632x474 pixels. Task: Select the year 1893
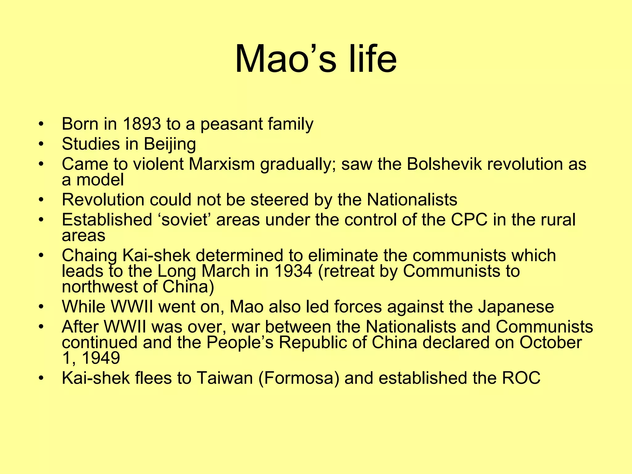[x=142, y=124]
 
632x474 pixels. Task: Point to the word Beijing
[x=170, y=144]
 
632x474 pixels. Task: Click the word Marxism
[x=222, y=164]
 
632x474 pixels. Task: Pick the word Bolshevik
[x=444, y=164]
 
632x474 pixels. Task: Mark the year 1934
[x=293, y=271]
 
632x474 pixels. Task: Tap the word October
[x=551, y=343]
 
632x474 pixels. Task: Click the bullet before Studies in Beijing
[x=41, y=144]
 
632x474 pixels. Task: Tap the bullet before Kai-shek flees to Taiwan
[x=41, y=378]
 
